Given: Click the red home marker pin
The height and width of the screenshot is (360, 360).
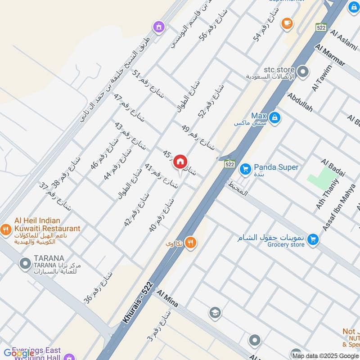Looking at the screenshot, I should click(x=180, y=162).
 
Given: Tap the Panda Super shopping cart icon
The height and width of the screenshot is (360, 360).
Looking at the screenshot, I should click(x=245, y=169).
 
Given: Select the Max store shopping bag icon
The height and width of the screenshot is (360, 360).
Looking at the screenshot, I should click(x=275, y=118).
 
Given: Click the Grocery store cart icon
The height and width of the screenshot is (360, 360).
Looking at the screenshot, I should click(x=313, y=239).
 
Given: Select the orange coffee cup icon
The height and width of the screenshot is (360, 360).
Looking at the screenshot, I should click(x=286, y=23).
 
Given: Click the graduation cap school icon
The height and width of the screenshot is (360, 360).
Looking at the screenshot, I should click(x=215, y=312).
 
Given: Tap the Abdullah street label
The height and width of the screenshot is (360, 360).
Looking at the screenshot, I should click(x=300, y=103).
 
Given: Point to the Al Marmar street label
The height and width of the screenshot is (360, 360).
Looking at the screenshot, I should click(x=330, y=55).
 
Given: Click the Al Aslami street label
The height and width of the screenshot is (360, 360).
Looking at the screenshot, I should click(x=344, y=39).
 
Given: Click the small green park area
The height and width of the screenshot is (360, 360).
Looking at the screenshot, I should click(x=323, y=177).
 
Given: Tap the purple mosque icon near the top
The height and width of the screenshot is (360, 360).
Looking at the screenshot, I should click(x=158, y=27).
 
